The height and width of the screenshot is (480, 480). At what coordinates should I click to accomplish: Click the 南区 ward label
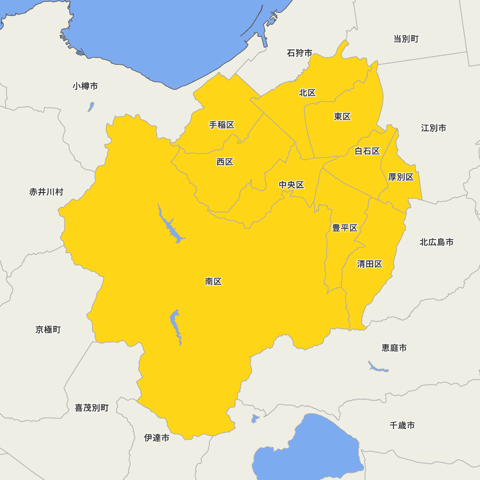213,282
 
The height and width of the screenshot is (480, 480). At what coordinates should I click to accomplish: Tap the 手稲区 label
222,125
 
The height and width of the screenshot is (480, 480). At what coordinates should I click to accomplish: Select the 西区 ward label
225,162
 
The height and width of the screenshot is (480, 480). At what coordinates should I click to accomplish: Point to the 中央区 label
292,185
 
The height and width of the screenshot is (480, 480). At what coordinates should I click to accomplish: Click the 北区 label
307,93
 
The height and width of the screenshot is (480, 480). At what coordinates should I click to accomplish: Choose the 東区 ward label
342,116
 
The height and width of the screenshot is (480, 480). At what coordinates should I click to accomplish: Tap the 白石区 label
367,151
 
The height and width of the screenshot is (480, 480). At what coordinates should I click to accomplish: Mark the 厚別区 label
401,177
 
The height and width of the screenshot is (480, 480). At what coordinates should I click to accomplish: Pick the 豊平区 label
345,228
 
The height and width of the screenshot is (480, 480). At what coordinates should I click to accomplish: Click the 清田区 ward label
370,264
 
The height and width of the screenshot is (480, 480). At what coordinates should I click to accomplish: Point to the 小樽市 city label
85,86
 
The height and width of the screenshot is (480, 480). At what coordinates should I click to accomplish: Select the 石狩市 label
300,53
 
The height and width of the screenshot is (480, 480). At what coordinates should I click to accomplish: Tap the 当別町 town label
406,39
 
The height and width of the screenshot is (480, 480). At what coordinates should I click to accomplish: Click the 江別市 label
433,128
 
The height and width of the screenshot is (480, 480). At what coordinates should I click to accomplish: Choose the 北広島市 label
436,242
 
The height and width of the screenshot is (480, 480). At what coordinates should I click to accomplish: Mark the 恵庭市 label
394,348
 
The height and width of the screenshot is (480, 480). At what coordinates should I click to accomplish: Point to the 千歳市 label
402,425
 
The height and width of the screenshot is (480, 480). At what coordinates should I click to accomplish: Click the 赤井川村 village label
46,192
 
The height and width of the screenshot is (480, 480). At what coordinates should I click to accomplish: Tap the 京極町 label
48,330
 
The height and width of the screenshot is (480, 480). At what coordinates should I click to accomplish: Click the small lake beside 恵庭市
377,368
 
